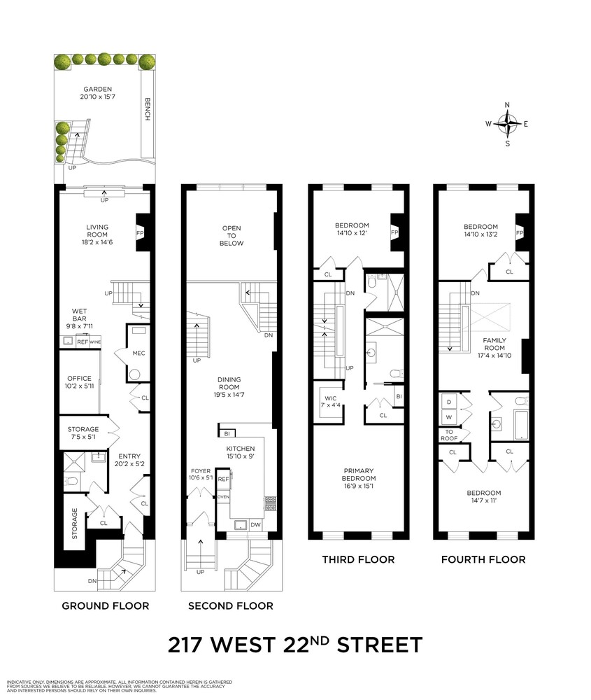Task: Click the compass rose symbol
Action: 508,125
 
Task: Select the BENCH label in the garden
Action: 147,108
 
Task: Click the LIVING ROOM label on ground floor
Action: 97,232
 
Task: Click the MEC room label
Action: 138,353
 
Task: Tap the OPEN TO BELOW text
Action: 232,236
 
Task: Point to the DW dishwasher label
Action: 255,524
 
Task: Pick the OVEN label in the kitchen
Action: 223,496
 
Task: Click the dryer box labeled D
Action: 448,402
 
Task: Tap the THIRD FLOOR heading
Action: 358,559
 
